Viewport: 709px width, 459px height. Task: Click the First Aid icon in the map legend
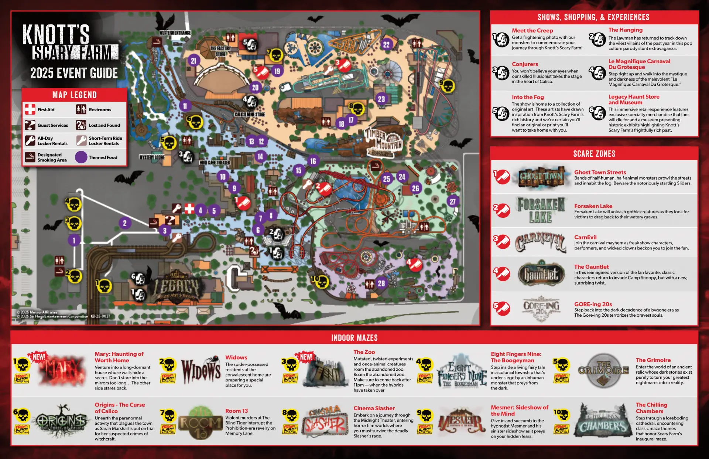click(30, 109)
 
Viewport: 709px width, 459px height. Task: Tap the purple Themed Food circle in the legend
click(81, 157)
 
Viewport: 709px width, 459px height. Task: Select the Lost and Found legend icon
click(81, 125)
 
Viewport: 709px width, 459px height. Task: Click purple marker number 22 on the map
click(386, 45)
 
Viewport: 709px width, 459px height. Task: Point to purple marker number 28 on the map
click(381, 283)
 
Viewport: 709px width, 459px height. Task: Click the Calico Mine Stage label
click(250, 114)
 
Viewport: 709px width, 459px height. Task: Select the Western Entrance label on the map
click(175, 33)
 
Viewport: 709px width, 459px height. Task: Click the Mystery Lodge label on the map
click(152, 157)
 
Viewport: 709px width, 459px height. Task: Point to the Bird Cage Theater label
click(215, 163)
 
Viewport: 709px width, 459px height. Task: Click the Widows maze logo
click(201, 371)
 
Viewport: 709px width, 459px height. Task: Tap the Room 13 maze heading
click(236, 411)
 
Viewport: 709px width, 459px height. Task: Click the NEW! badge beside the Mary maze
click(39, 357)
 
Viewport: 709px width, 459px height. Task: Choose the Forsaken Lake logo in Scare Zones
click(541, 210)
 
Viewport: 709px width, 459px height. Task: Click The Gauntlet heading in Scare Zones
click(591, 266)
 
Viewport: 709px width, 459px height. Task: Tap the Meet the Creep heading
click(532, 30)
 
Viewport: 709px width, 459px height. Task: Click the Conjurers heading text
click(525, 64)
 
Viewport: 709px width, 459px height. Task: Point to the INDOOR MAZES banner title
click(354, 338)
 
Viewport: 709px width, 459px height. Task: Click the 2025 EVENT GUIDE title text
click(74, 73)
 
